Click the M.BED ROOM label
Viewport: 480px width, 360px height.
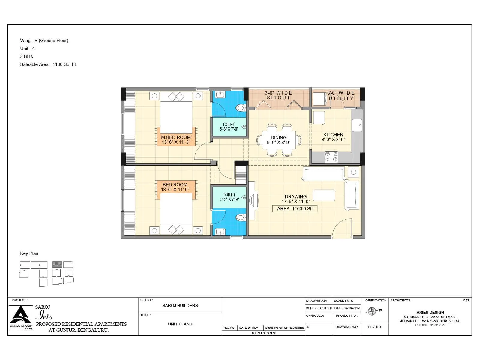point(176,137)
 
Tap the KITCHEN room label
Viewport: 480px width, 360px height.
point(333,135)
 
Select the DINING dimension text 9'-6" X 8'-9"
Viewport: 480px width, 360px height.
point(278,142)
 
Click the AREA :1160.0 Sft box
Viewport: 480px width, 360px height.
point(295,209)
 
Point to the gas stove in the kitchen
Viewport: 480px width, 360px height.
point(331,157)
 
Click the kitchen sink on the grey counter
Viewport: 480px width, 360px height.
point(357,125)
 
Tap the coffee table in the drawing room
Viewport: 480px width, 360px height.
point(324,195)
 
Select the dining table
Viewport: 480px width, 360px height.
point(279,140)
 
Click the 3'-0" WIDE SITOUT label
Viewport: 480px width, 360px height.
point(278,95)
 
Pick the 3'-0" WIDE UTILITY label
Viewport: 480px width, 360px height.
point(341,96)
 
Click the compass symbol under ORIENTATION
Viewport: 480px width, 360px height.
point(372,311)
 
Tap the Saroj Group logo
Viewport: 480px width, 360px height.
point(21,317)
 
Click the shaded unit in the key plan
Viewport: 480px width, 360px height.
point(57,265)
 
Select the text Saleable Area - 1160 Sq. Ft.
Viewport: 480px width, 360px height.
point(49,64)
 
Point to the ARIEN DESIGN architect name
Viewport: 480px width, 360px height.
point(430,312)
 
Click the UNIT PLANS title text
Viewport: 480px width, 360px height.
point(180,324)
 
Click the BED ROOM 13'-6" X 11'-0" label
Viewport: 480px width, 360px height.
point(175,187)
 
